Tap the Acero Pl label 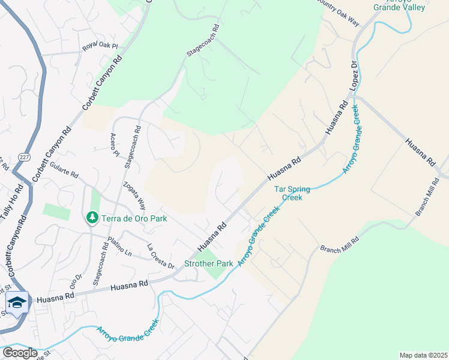coord(114,144)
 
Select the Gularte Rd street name coord(65,170)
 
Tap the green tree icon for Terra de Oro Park coord(92,217)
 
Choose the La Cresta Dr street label coord(161,256)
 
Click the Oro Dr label coord(75,281)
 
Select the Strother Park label coord(208,263)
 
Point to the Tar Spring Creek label coord(292,193)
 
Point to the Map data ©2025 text coord(423,355)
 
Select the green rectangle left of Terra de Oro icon coord(56,211)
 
